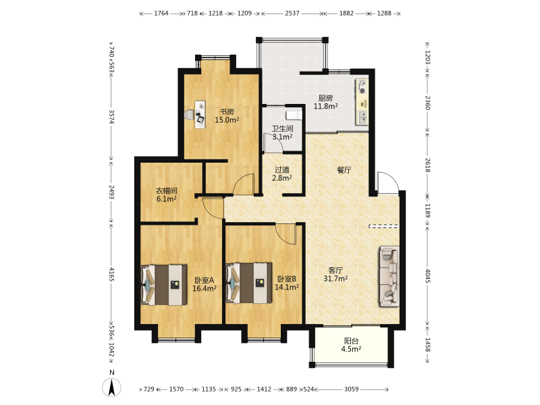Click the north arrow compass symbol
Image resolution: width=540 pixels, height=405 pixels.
click(x=111, y=387)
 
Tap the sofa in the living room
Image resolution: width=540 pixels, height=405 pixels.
click(x=389, y=276)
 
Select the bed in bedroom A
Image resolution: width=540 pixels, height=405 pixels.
click(x=164, y=284)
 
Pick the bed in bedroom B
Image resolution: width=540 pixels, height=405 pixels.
click(x=248, y=283)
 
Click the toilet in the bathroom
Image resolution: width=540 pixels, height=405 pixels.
click(x=294, y=115)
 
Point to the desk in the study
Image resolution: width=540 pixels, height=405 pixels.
click(x=200, y=114)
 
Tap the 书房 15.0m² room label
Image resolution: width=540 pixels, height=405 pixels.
click(x=227, y=115)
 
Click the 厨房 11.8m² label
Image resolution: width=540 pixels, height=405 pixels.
click(x=325, y=102)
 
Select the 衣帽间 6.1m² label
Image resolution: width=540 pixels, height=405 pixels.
click(x=166, y=194)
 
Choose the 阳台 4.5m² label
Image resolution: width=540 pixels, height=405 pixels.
click(x=351, y=345)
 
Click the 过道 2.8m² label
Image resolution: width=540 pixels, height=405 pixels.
click(x=282, y=173)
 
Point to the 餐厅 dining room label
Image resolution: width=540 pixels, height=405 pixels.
click(x=344, y=170)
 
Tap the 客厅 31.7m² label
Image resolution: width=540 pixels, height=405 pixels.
click(x=335, y=274)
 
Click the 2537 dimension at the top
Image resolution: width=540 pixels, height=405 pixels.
click(x=292, y=13)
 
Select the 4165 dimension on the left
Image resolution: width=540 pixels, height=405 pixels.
click(x=111, y=274)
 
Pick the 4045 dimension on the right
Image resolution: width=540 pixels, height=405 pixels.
click(x=427, y=276)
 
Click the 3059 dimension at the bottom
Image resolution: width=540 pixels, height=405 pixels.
click(x=352, y=389)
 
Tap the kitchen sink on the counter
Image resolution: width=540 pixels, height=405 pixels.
click(x=362, y=117)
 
